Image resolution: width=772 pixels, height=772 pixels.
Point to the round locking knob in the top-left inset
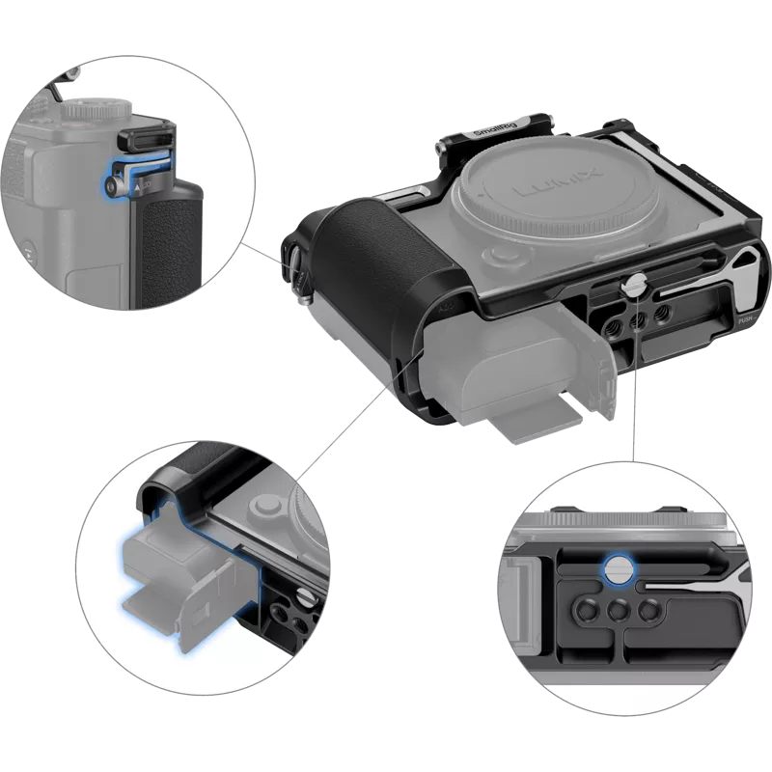(x=114, y=180)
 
